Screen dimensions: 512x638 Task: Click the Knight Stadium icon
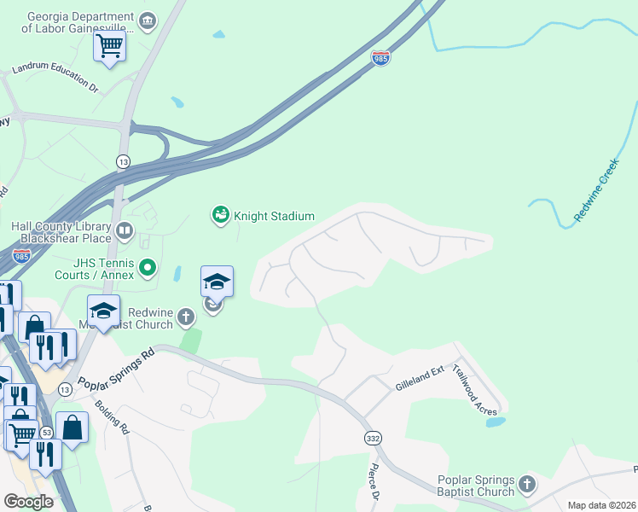coord(221,216)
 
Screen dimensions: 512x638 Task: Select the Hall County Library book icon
coord(125,230)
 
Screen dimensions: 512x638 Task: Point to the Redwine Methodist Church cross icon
coord(186,319)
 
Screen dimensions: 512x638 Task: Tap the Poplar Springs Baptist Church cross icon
coord(526,485)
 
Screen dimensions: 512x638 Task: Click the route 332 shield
coord(373,438)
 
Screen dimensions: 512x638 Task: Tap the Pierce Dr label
coord(374,483)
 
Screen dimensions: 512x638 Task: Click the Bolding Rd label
coord(111,417)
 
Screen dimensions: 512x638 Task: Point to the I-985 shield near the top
coord(381,58)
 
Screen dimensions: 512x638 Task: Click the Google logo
coord(28,501)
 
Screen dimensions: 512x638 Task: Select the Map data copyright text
coord(602,505)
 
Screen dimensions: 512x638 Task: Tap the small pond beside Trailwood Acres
coord(495,422)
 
